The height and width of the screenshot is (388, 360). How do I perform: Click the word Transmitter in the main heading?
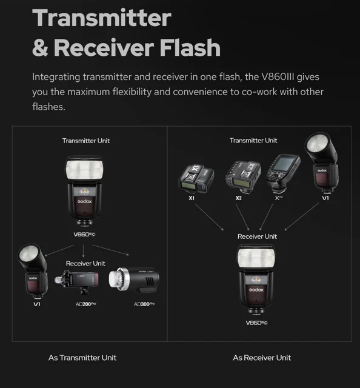click(102, 18)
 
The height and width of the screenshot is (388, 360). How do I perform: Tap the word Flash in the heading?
click(190, 47)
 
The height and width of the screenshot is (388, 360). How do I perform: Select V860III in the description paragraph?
click(278, 77)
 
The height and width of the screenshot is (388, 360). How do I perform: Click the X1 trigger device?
click(196, 178)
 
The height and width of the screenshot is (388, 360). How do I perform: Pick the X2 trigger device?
click(243, 176)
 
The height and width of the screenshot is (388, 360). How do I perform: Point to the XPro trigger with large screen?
click(283, 173)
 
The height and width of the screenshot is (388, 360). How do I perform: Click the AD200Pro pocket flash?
click(77, 282)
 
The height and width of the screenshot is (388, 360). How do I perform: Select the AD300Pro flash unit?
click(134, 279)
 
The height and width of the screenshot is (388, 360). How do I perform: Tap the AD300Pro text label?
click(144, 304)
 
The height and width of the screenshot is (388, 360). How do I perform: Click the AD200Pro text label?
click(85, 304)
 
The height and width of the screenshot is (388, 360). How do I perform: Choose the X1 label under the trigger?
click(192, 198)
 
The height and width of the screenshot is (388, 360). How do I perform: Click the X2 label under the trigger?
click(239, 198)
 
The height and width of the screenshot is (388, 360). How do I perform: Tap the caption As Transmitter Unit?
click(82, 358)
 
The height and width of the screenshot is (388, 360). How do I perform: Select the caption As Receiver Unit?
click(262, 358)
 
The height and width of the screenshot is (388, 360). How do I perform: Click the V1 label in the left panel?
click(37, 304)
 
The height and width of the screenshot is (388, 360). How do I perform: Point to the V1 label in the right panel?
click(325, 198)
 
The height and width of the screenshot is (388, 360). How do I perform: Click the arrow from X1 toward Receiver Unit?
click(209, 217)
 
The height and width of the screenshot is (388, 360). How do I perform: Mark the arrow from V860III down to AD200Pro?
click(83, 250)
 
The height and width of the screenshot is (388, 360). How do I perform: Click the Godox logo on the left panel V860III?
click(85, 201)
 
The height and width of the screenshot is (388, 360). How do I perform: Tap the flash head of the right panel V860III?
click(256, 257)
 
